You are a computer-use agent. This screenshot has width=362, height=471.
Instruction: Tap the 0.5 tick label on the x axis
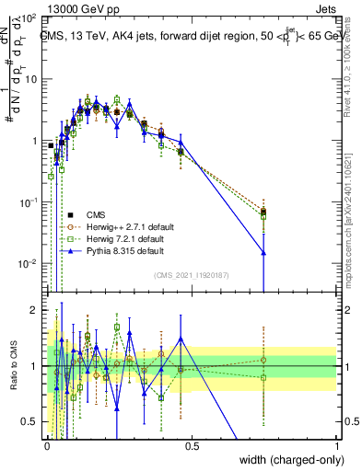(192, 445)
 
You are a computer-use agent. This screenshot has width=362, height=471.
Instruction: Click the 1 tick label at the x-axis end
(337, 445)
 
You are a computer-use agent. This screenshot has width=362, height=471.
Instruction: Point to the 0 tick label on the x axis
(47, 445)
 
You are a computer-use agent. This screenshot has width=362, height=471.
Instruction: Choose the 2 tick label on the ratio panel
(36, 310)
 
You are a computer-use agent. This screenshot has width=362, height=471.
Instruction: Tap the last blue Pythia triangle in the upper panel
(264, 252)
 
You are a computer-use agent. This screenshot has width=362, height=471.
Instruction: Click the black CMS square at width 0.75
(264, 212)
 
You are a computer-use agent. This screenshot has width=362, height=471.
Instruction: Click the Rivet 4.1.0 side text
(352, 69)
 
